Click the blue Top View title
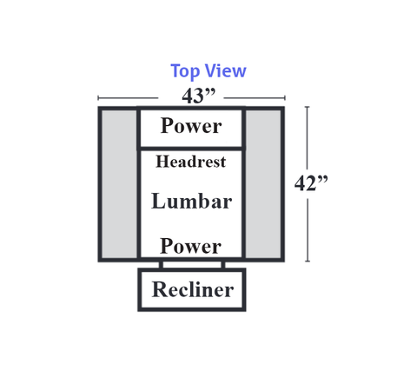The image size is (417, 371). click(208, 70)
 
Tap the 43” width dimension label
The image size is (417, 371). click(199, 96)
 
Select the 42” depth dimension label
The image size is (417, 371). click(311, 183)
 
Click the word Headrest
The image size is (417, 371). click(191, 162)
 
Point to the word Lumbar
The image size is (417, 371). click(192, 201)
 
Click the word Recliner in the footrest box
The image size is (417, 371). click(193, 289)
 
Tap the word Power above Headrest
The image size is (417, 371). click(191, 126)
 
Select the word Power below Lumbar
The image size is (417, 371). click(190, 246)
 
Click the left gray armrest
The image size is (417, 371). click(119, 184)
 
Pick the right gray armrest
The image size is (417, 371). click(263, 184)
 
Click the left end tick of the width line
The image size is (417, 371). click(98, 98)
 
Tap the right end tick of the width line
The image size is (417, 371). click(285, 98)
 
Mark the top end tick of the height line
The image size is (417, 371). click(308, 107)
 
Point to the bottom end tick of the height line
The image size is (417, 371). click(308, 262)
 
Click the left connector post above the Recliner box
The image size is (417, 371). click(161, 265)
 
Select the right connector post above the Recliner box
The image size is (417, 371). click(223, 265)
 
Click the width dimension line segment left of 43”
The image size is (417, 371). click(128, 98)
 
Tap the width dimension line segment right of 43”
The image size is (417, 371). click(255, 98)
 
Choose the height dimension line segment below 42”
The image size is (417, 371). click(308, 230)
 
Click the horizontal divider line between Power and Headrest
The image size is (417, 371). click(191, 149)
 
